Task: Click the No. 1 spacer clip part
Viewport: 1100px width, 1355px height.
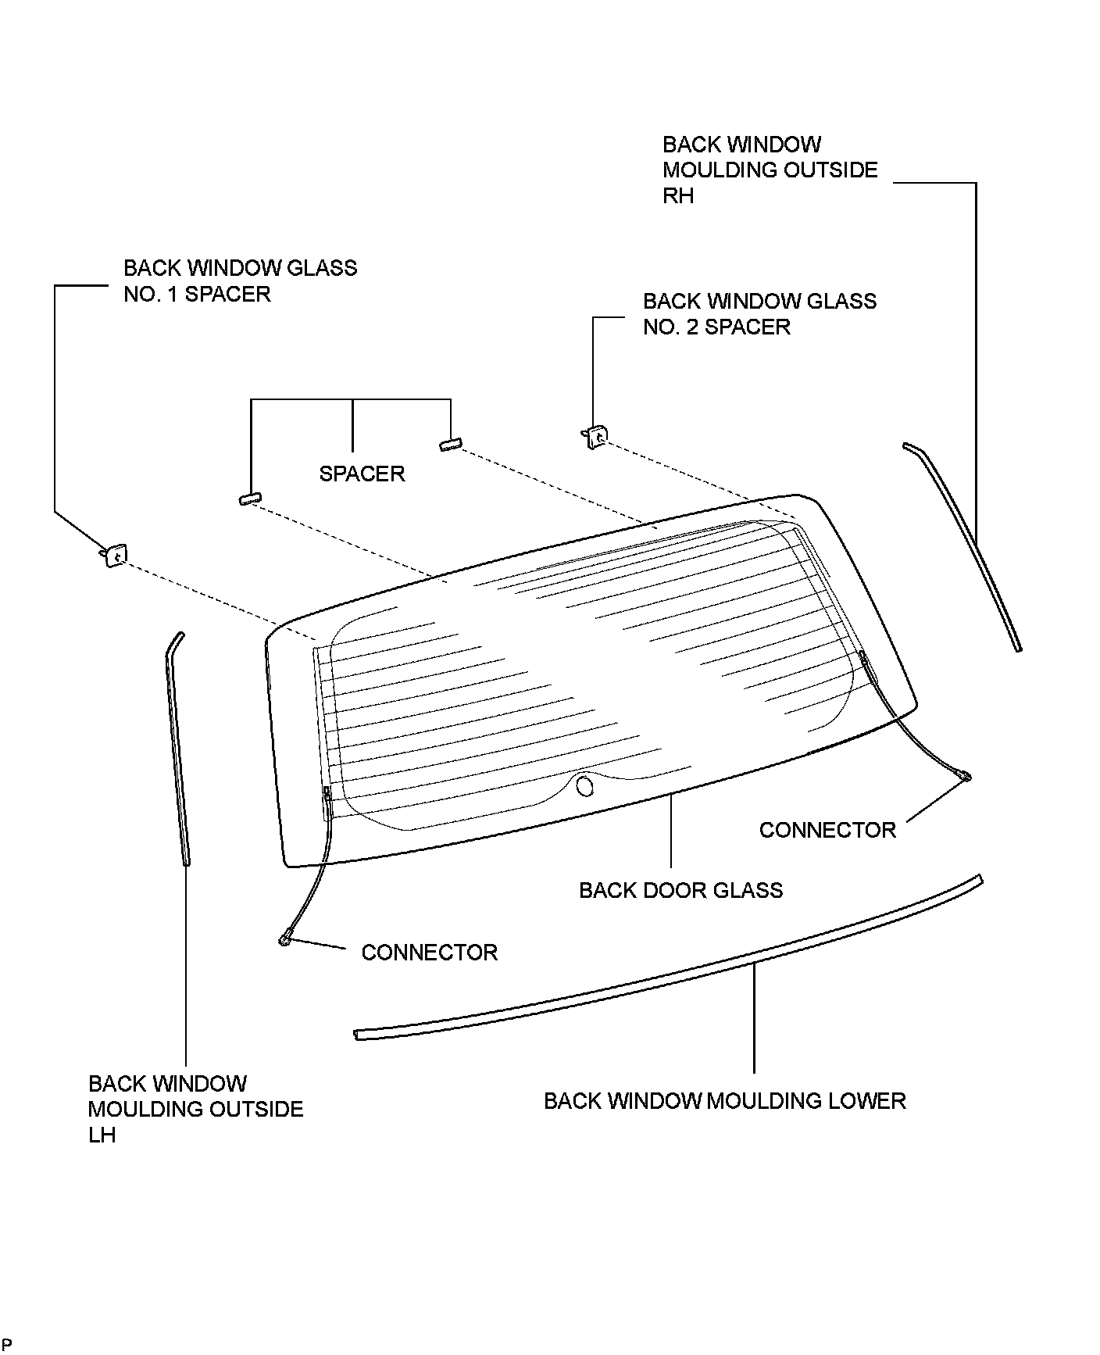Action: (x=114, y=555)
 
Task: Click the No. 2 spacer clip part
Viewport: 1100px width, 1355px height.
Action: (x=596, y=436)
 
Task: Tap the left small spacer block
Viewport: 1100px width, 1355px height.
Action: (x=249, y=499)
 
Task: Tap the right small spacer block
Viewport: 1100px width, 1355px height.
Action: (x=449, y=444)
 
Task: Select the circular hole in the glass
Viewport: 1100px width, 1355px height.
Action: (x=584, y=785)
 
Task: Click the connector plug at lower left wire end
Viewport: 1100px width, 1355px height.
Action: (x=286, y=939)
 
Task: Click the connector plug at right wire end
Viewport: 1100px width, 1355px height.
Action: (x=965, y=776)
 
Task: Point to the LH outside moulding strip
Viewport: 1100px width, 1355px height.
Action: (x=177, y=750)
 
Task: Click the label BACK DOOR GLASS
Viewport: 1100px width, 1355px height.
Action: (x=680, y=890)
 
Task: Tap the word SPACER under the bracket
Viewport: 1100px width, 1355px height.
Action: (x=362, y=474)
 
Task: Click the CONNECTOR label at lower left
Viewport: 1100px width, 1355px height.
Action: (x=429, y=953)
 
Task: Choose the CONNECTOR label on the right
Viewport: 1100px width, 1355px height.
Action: (x=827, y=830)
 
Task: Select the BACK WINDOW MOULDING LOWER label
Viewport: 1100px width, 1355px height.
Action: (x=724, y=1101)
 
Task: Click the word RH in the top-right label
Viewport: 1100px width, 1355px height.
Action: (x=677, y=196)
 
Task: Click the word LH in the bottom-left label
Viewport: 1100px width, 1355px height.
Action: (x=102, y=1135)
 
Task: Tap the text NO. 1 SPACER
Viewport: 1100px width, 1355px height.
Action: (x=197, y=295)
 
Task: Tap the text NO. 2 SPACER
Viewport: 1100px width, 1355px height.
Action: (x=716, y=327)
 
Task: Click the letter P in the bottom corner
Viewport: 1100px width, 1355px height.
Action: (x=7, y=1345)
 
